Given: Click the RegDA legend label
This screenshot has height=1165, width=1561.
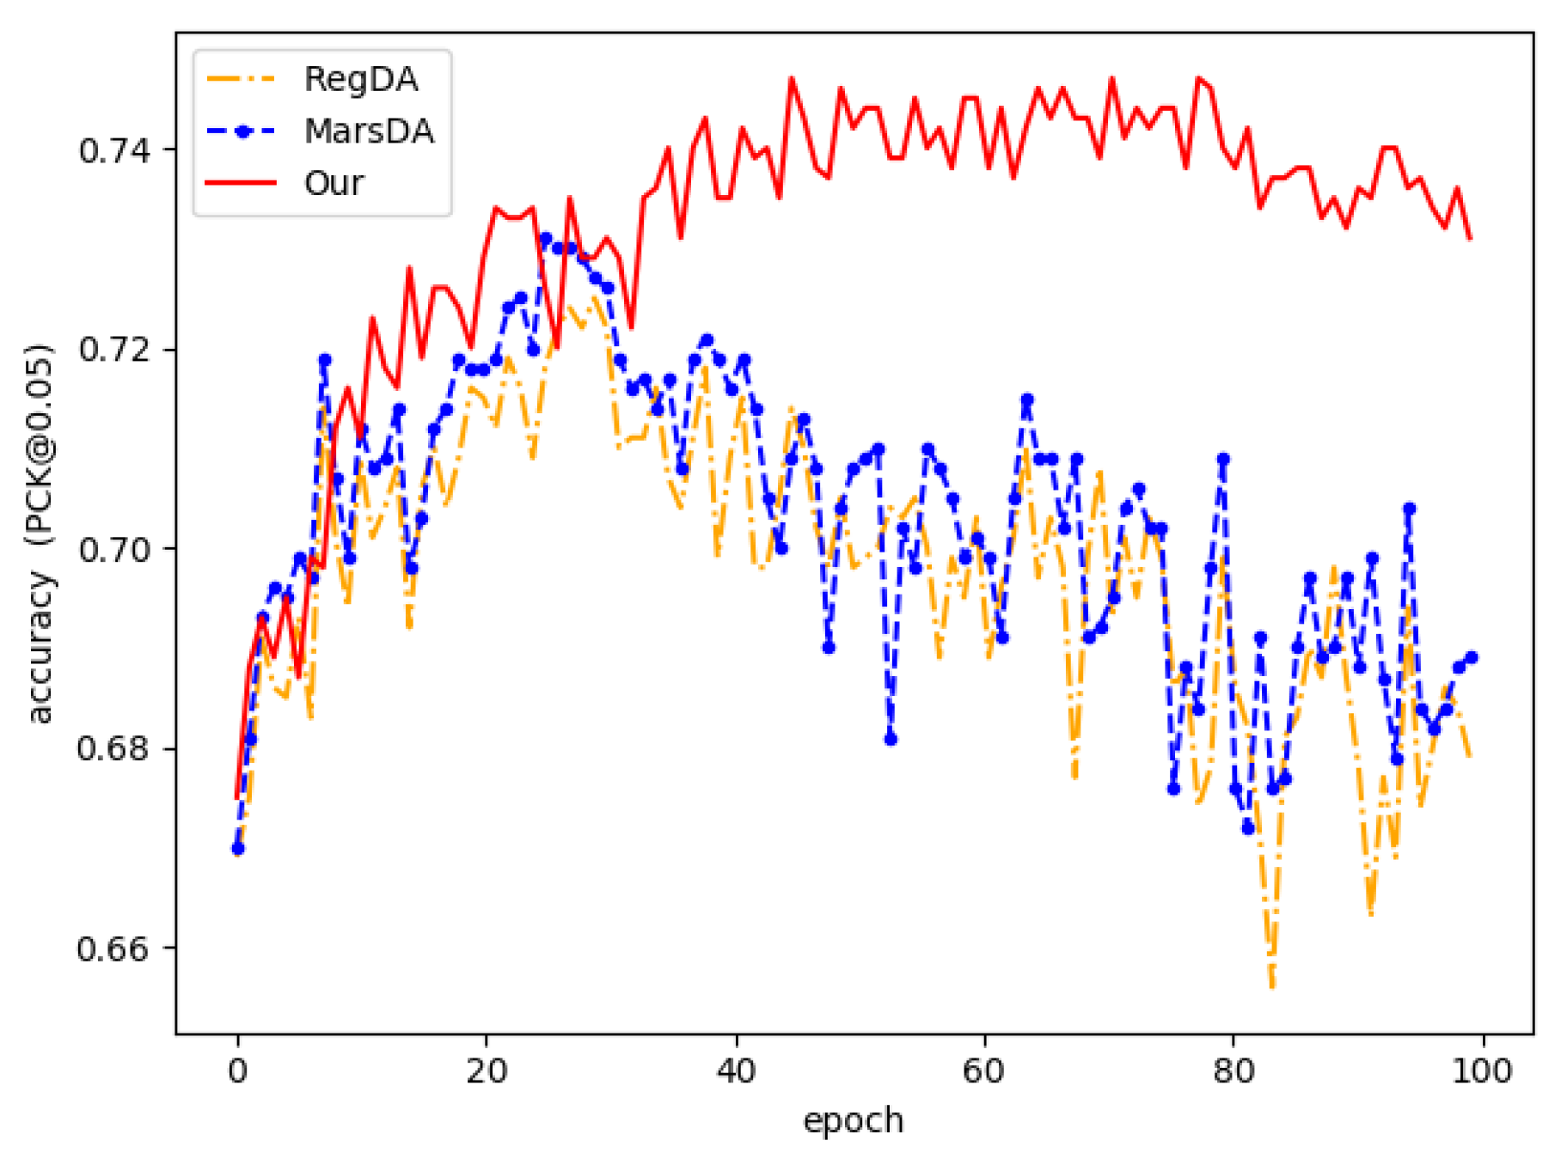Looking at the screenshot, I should [x=360, y=79].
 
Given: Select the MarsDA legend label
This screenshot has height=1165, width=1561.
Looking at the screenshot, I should [x=368, y=131].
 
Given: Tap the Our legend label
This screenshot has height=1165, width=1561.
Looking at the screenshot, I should [x=334, y=183].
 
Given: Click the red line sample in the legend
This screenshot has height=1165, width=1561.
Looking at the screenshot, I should [x=242, y=183].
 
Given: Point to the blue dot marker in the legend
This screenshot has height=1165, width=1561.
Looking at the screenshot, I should [x=242, y=131].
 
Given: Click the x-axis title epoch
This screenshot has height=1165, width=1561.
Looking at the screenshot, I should [x=853, y=1121].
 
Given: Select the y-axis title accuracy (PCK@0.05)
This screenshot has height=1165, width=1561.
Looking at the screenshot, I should [x=40, y=533].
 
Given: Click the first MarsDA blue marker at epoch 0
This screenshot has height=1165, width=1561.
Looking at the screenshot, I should [x=238, y=848].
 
